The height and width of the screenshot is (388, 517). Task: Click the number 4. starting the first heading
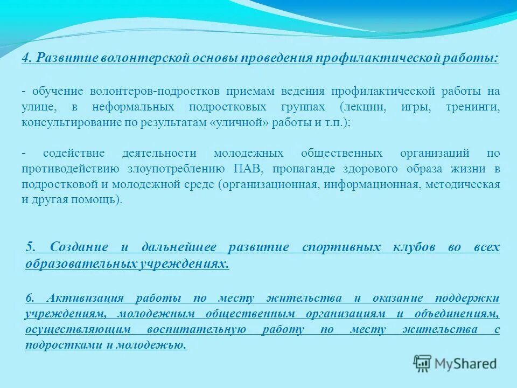(x=27, y=58)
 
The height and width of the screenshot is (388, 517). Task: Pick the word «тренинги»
(x=473, y=107)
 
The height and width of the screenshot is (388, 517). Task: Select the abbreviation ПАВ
(x=248, y=169)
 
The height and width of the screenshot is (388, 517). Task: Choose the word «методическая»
(x=463, y=184)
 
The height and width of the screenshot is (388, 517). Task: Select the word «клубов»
(x=413, y=247)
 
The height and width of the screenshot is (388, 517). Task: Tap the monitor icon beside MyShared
(x=423, y=364)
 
